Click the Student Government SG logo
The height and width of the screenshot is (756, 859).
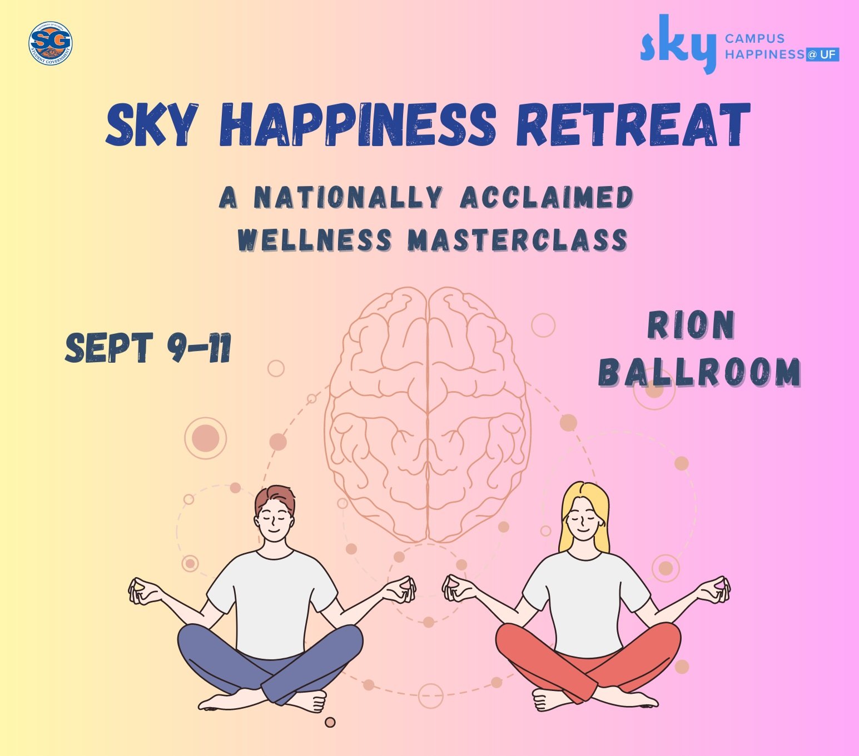click(50, 43)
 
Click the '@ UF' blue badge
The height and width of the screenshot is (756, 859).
click(823, 54)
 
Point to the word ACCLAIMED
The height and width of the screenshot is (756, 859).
click(547, 198)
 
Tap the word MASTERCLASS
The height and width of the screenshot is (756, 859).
click(518, 240)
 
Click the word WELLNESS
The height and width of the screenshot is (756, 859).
click(315, 240)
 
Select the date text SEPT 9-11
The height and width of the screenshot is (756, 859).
click(148, 348)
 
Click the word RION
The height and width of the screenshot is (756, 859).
click(691, 326)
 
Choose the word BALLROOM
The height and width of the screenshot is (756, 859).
click(699, 372)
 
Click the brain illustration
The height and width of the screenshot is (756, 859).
click(428, 414)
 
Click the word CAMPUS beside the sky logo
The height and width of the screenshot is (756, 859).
click(754, 38)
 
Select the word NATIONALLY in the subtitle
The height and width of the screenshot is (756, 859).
click(348, 198)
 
